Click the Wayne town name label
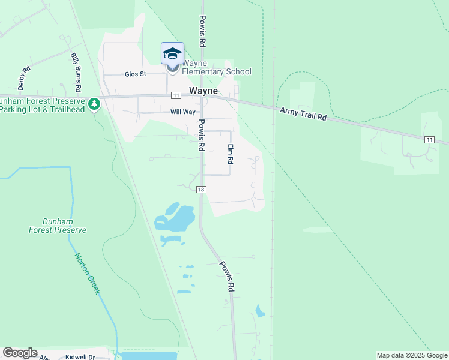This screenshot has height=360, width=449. click(203, 91)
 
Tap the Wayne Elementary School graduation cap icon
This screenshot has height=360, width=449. click(172, 54)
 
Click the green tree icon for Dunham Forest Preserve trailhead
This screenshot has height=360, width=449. click(94, 104)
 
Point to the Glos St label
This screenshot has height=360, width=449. click(135, 74)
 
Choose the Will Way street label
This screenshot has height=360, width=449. click(183, 112)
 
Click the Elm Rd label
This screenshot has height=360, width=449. click(229, 154)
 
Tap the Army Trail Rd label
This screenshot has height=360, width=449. click(303, 114)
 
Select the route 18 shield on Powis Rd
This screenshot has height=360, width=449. click(201, 190)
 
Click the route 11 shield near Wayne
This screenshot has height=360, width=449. click(175, 95)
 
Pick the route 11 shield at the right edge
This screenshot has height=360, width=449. click(429, 139)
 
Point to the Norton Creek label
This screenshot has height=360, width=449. click(87, 274)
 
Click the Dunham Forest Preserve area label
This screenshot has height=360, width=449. click(58, 226)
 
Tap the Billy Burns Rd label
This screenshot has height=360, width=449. click(76, 72)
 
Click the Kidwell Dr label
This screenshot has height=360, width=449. click(80, 357)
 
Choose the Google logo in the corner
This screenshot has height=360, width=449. click(20, 353)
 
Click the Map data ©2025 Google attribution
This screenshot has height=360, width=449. click(412, 355)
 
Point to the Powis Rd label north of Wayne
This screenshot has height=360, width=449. click(203, 31)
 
